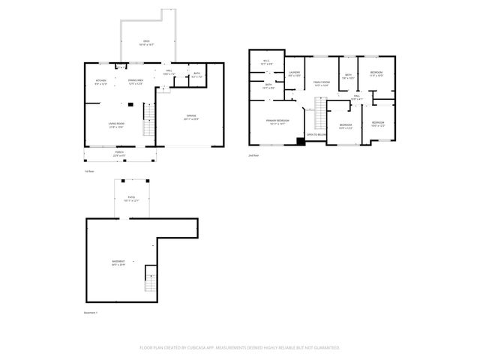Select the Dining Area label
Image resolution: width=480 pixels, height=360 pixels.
point(136,82)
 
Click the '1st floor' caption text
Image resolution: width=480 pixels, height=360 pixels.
point(89,171)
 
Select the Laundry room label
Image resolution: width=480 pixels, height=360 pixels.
point(294,73)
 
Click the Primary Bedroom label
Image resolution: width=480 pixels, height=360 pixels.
point(276,121)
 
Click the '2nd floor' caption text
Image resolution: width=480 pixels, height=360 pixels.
point(253,155)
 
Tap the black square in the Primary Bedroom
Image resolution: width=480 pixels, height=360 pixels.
point(301,141)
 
